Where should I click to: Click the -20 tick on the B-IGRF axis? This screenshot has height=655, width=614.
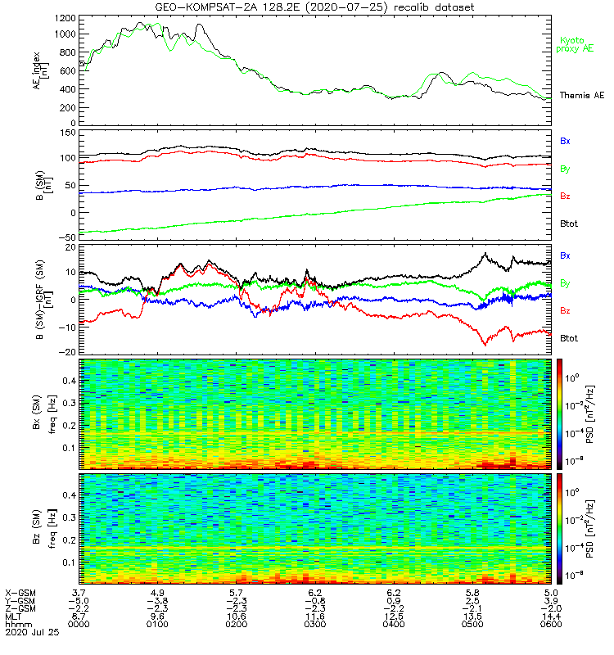[65, 352]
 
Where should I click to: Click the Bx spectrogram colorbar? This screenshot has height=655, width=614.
[560, 413]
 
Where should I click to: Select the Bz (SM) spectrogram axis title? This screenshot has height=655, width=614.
[38, 528]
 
